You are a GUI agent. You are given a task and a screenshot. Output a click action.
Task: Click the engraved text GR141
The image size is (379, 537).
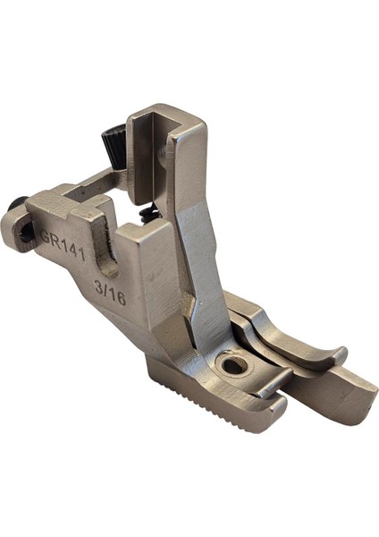coord(63,243)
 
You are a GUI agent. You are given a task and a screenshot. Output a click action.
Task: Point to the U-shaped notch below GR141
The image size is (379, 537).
coord(106,253)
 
